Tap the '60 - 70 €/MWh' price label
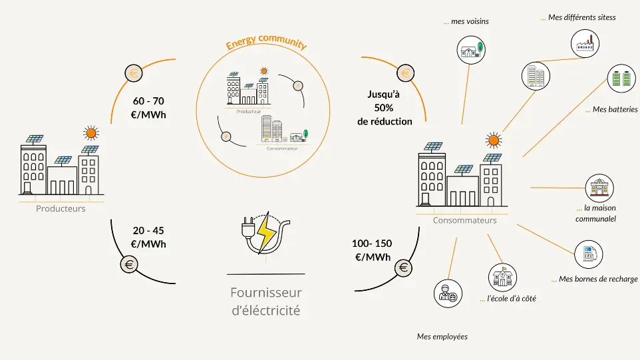[x=148, y=108]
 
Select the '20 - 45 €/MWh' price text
[x=148, y=237]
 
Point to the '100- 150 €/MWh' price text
[x=372, y=250]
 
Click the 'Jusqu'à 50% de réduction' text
[x=385, y=108]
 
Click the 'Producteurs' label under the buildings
[x=61, y=208]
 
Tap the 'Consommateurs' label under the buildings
[x=464, y=220]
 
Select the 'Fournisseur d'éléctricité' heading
[x=265, y=301]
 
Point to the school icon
[x=503, y=277]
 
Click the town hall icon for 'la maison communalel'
[x=598, y=188]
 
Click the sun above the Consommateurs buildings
[x=493, y=140]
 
